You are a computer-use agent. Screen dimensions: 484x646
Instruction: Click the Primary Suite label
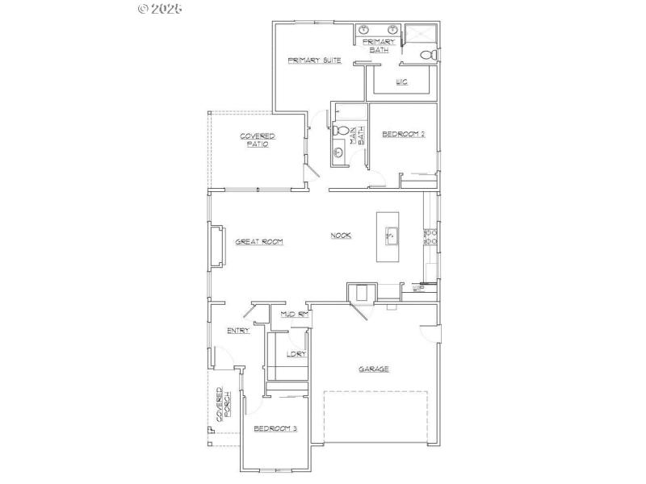(314, 60)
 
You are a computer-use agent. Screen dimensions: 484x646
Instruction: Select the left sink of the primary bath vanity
(364, 30)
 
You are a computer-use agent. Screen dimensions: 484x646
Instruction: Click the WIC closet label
(401, 82)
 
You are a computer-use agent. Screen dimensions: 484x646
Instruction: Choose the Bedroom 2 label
(403, 134)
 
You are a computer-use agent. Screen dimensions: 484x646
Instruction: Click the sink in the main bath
(338, 152)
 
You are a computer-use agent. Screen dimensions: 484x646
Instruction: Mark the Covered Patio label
(258, 140)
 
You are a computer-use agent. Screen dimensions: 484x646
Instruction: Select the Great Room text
(258, 241)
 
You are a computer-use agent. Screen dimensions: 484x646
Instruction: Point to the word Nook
(341, 236)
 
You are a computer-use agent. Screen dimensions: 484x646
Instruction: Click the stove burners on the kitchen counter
(430, 236)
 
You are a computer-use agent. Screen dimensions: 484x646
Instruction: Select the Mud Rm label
(295, 314)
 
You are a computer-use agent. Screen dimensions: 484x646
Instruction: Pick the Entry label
(238, 330)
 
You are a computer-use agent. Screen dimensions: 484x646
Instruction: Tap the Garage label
(374, 369)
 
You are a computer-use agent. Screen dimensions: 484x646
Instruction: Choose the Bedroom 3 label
(275, 428)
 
